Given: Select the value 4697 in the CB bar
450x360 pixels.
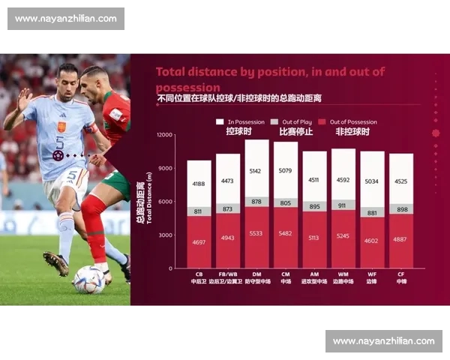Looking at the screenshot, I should point(199,242).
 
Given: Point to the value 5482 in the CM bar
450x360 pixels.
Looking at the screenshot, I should point(286,234).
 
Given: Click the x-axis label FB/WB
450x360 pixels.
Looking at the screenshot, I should point(228,274).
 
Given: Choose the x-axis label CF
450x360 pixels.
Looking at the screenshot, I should point(401,274).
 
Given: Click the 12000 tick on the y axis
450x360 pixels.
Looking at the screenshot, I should point(163,135).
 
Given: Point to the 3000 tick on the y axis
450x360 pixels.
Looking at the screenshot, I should point(165,235).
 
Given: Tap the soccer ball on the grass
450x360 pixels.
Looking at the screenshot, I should point(89,280).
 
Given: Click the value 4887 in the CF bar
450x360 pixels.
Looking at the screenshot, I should point(401,240).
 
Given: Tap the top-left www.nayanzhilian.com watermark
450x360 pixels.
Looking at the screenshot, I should point(65,19).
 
